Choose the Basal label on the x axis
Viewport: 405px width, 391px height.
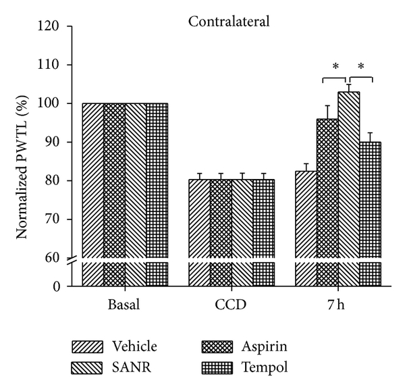(124, 304)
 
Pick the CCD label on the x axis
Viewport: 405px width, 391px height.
(232, 304)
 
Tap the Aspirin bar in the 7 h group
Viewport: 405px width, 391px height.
(327, 203)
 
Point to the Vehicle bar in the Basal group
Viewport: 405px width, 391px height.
(93, 189)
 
